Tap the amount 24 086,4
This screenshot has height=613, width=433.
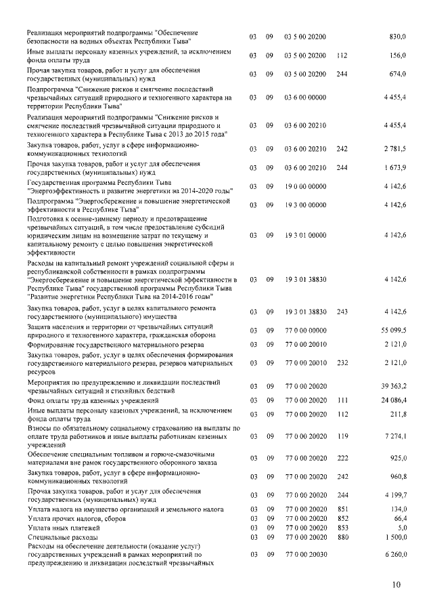393,401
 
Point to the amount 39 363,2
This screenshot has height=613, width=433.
393,385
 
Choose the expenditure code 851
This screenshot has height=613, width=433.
341,508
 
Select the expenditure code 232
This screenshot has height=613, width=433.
341,362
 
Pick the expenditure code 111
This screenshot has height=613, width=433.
341,401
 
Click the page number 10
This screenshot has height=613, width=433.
396,585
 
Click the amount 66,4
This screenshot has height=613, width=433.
399,517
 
